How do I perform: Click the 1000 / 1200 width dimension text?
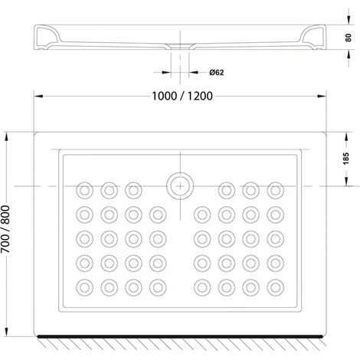182,97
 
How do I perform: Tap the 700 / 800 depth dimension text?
5,229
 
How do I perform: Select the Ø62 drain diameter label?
217,73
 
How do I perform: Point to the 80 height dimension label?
348,38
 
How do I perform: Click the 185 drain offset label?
346,159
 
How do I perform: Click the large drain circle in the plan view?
180,186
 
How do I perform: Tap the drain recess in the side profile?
180,46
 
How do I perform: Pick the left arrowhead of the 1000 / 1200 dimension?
38,97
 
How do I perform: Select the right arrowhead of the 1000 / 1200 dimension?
322,97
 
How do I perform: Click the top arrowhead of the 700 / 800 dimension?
7,136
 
